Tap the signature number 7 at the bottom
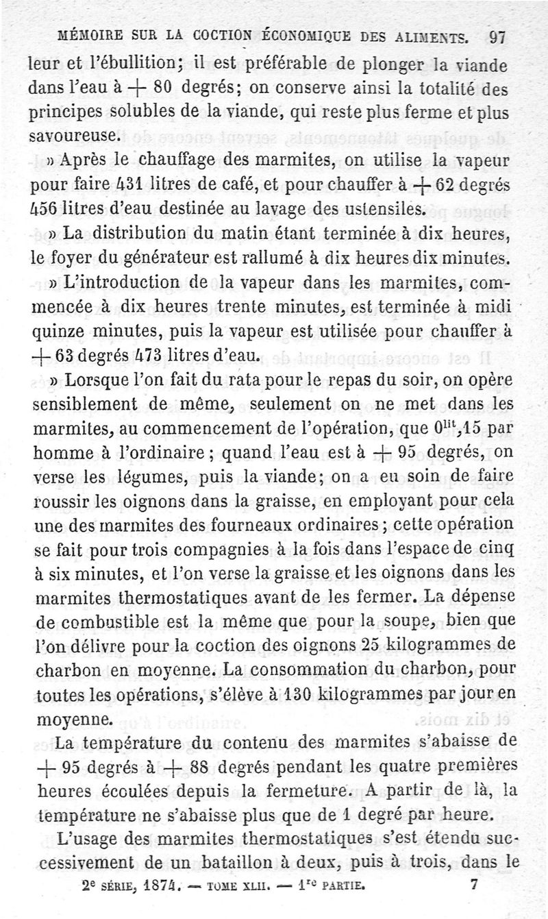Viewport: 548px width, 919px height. coord(474,884)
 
